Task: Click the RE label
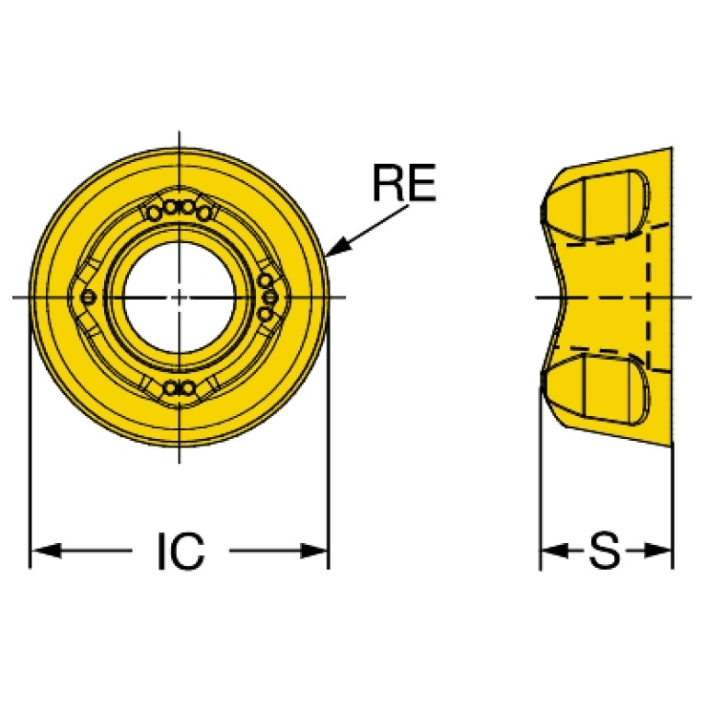[x=403, y=183]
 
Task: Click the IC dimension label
[x=180, y=551]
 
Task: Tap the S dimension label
[x=605, y=552]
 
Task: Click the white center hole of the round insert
[x=179, y=297]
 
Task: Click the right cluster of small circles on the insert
[x=267, y=296]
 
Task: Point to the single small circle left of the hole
[x=88, y=297]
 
